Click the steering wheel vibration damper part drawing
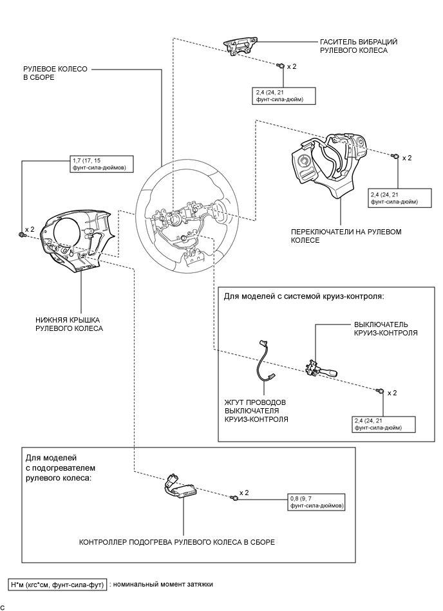pyautogui.click(x=239, y=47)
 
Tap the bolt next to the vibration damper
pyautogui.click(x=281, y=66)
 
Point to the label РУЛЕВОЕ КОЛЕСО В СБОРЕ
pyautogui.click(x=47, y=72)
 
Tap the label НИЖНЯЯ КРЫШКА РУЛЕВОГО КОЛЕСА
pyautogui.click(x=69, y=323)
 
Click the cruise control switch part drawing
pyautogui.click(x=320, y=369)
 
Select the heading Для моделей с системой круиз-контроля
pyautogui.click(x=304, y=297)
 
